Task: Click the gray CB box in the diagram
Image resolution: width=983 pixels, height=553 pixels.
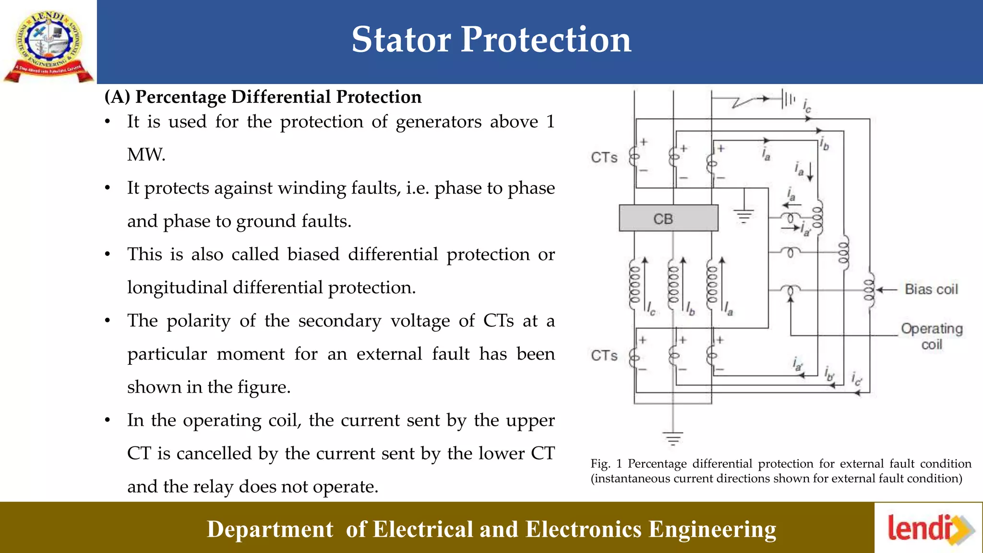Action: click(668, 218)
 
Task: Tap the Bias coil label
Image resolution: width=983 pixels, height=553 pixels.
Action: click(931, 289)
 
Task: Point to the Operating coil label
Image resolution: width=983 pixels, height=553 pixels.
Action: click(931, 336)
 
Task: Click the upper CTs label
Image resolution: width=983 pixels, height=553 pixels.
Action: click(604, 157)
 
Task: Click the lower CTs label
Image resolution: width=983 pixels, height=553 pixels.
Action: click(604, 356)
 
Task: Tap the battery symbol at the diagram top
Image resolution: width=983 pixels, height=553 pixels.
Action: click(787, 99)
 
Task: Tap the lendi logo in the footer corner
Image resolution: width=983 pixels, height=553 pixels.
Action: click(929, 529)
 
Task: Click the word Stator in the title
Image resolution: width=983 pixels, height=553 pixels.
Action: click(401, 39)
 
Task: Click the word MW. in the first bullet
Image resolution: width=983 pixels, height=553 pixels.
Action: click(146, 155)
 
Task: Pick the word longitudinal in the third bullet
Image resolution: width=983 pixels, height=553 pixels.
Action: click(177, 288)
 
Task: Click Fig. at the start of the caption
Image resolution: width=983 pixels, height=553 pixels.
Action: click(600, 464)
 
